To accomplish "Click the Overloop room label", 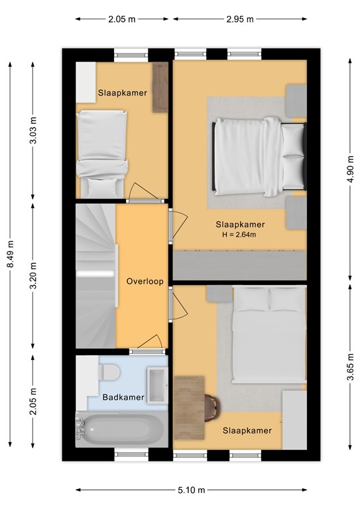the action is point(145,282).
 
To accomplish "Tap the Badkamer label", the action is point(123,398).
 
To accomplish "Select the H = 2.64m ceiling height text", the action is point(239,235).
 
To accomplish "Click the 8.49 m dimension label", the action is point(11,254).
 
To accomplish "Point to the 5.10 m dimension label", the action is point(191,490).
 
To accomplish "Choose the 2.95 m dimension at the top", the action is point(240,19).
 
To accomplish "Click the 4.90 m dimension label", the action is point(350,169).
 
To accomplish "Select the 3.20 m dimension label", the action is point(32,275).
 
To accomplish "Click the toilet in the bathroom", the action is point(109,372).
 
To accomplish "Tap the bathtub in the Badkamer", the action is point(121,429).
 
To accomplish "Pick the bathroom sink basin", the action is point(157,385).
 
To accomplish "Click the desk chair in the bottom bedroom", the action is point(213,408).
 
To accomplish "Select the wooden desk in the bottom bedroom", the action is point(189,408).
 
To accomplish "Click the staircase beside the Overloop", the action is point(96,276).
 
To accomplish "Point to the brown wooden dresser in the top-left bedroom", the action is point(160,87).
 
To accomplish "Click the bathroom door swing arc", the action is point(150,341).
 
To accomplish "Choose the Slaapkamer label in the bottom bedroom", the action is point(247,430).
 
